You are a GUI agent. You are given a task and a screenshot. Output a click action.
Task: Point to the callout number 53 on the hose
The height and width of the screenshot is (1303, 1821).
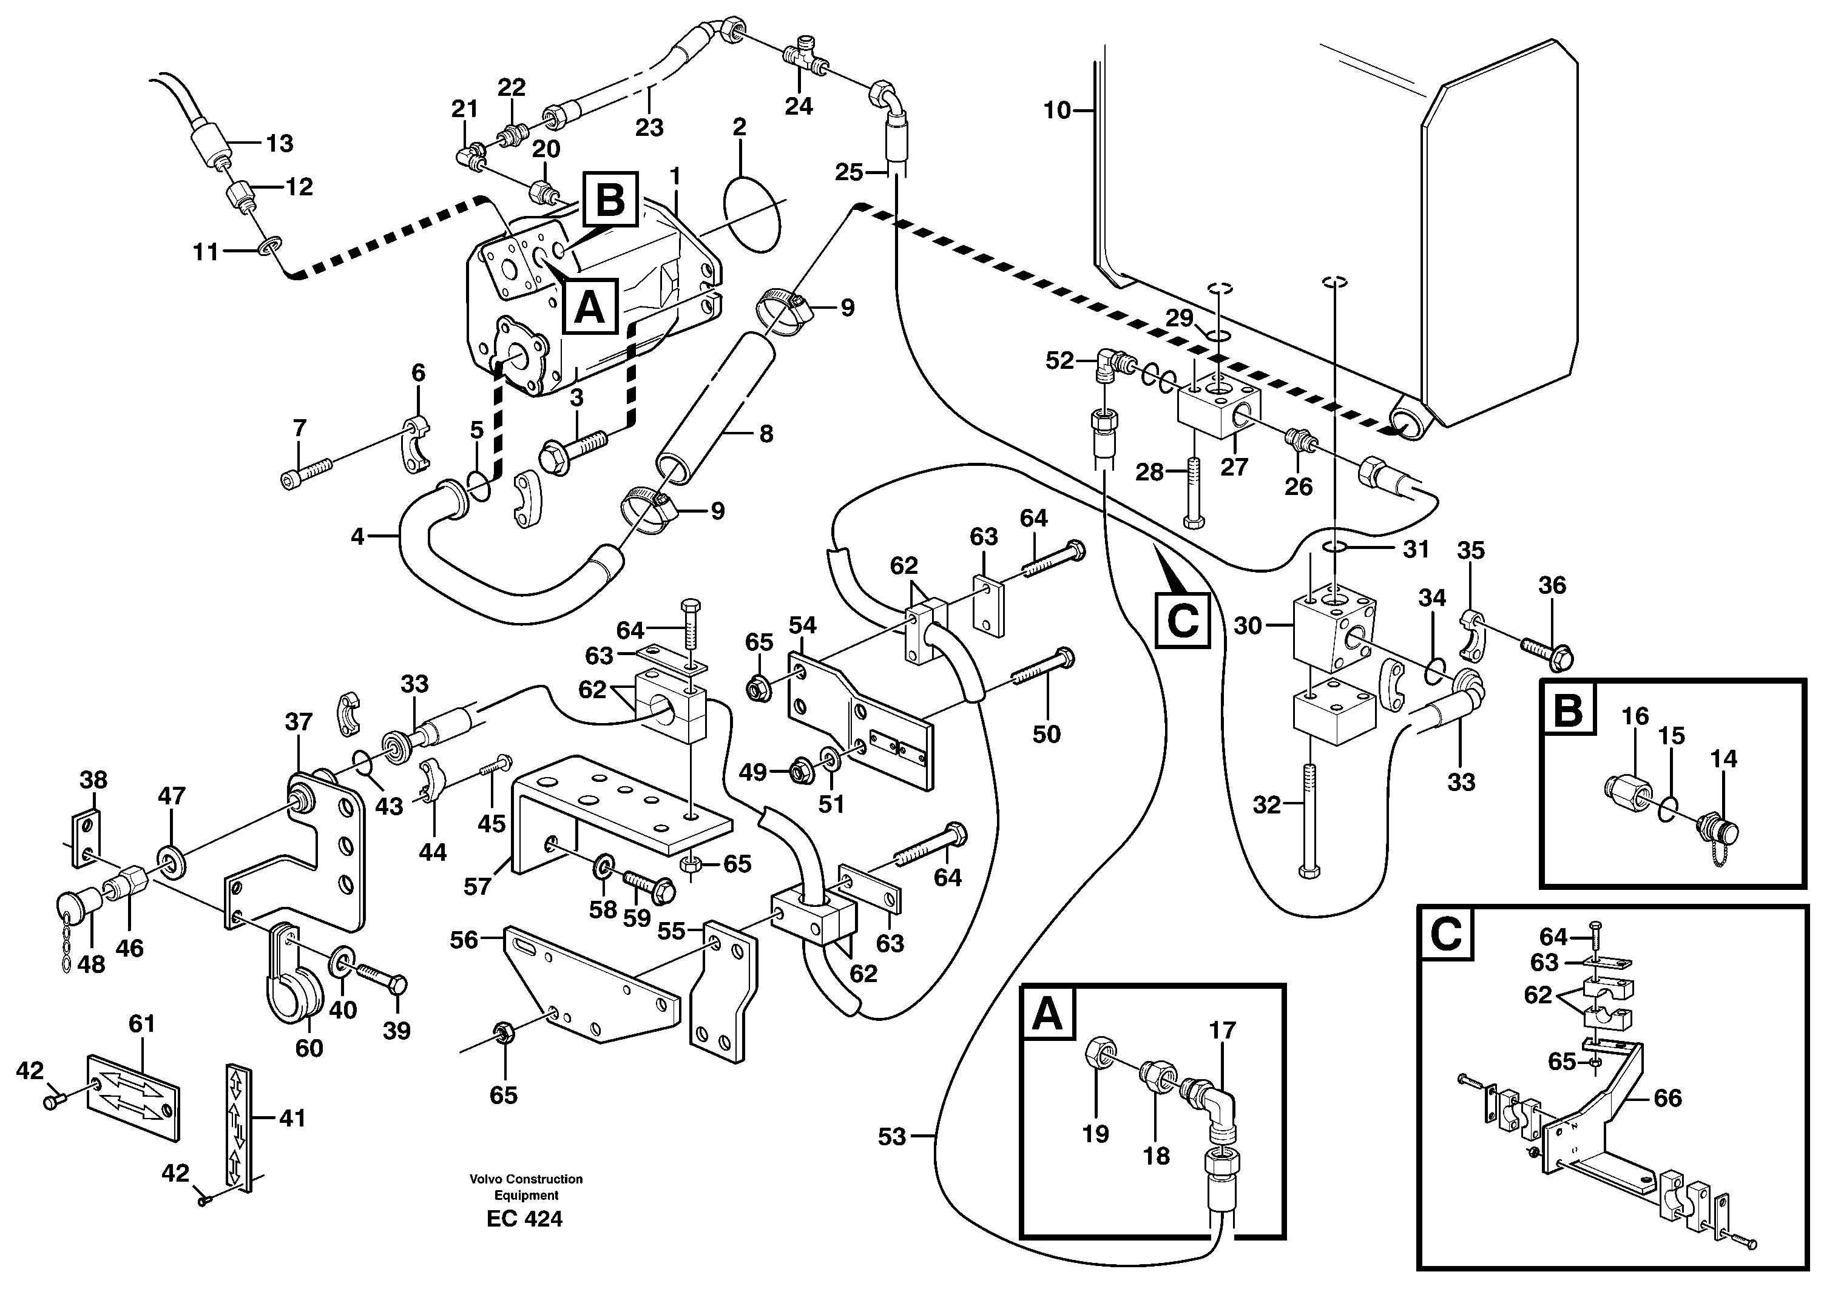click(891, 1136)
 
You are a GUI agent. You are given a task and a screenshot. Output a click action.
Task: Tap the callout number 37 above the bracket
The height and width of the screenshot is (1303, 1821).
click(299, 721)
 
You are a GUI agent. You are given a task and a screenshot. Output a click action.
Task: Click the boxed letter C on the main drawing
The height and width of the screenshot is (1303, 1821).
click(1181, 621)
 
